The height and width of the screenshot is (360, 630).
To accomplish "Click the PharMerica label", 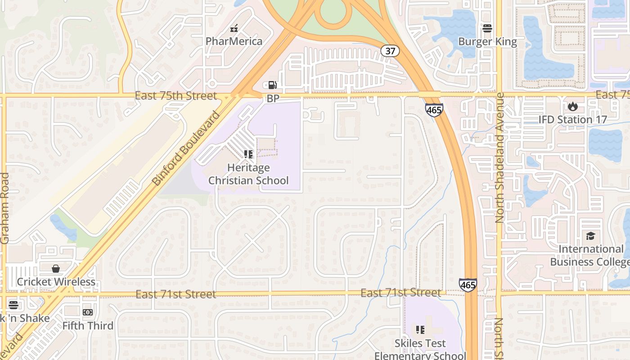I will tap(234, 41).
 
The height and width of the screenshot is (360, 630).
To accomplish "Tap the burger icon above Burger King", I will tap(487, 28).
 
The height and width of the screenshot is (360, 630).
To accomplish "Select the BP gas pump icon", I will tap(273, 85).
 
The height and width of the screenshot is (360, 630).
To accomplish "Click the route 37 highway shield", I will tap(390, 51).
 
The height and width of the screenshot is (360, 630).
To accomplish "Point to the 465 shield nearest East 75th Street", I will tap(434, 110).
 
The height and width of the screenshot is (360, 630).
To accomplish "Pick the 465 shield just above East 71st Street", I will tap(468, 285).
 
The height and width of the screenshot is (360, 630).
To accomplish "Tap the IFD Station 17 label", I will tap(572, 120).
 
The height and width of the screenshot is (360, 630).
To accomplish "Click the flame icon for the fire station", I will tap(572, 107).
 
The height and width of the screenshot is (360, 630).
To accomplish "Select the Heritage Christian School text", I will tap(248, 174).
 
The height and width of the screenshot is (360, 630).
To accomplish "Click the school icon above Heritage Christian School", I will tap(248, 154).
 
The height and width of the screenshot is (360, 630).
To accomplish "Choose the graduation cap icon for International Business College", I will tap(590, 236).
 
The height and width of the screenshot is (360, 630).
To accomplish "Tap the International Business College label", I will tap(590, 255).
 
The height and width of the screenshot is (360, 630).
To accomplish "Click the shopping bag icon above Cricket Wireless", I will tap(56, 269).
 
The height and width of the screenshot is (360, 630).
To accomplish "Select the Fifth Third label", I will tap(88, 325).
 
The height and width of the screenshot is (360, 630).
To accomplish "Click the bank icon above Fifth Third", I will tap(88, 312).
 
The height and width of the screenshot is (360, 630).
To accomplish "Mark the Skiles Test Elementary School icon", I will tap(420, 330).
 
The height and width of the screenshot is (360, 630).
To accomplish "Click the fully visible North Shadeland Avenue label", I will tap(499, 158).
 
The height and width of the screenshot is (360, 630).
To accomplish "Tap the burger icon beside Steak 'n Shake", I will tap(13, 305).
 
